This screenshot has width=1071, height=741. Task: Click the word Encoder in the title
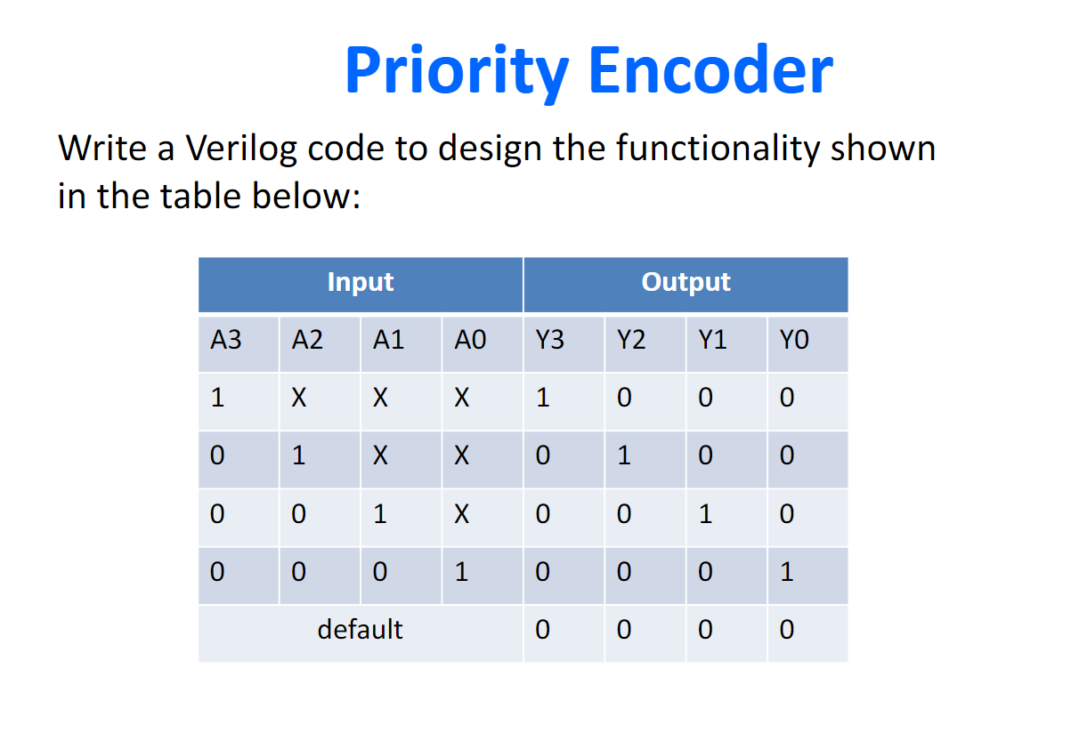click(711, 69)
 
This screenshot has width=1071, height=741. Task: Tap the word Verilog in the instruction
click(241, 149)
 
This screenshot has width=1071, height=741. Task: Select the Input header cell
click(361, 285)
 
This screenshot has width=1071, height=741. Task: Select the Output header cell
click(686, 285)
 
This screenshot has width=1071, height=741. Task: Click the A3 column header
click(225, 340)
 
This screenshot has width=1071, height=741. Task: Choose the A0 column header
click(470, 340)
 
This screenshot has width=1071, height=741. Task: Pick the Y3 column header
click(550, 340)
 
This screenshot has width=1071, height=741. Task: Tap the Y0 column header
click(794, 340)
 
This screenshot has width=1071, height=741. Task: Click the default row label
click(360, 629)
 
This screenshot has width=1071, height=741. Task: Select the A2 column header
click(307, 340)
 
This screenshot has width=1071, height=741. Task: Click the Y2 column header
click(631, 340)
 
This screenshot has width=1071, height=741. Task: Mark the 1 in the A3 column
click(217, 398)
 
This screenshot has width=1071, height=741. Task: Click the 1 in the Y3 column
click(543, 398)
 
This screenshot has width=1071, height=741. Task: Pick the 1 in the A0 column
click(461, 572)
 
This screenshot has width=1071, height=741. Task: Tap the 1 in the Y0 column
click(787, 572)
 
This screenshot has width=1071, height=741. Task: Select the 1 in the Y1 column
click(706, 514)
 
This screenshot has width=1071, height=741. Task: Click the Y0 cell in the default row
click(787, 629)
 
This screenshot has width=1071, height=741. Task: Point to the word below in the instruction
click(306, 196)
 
